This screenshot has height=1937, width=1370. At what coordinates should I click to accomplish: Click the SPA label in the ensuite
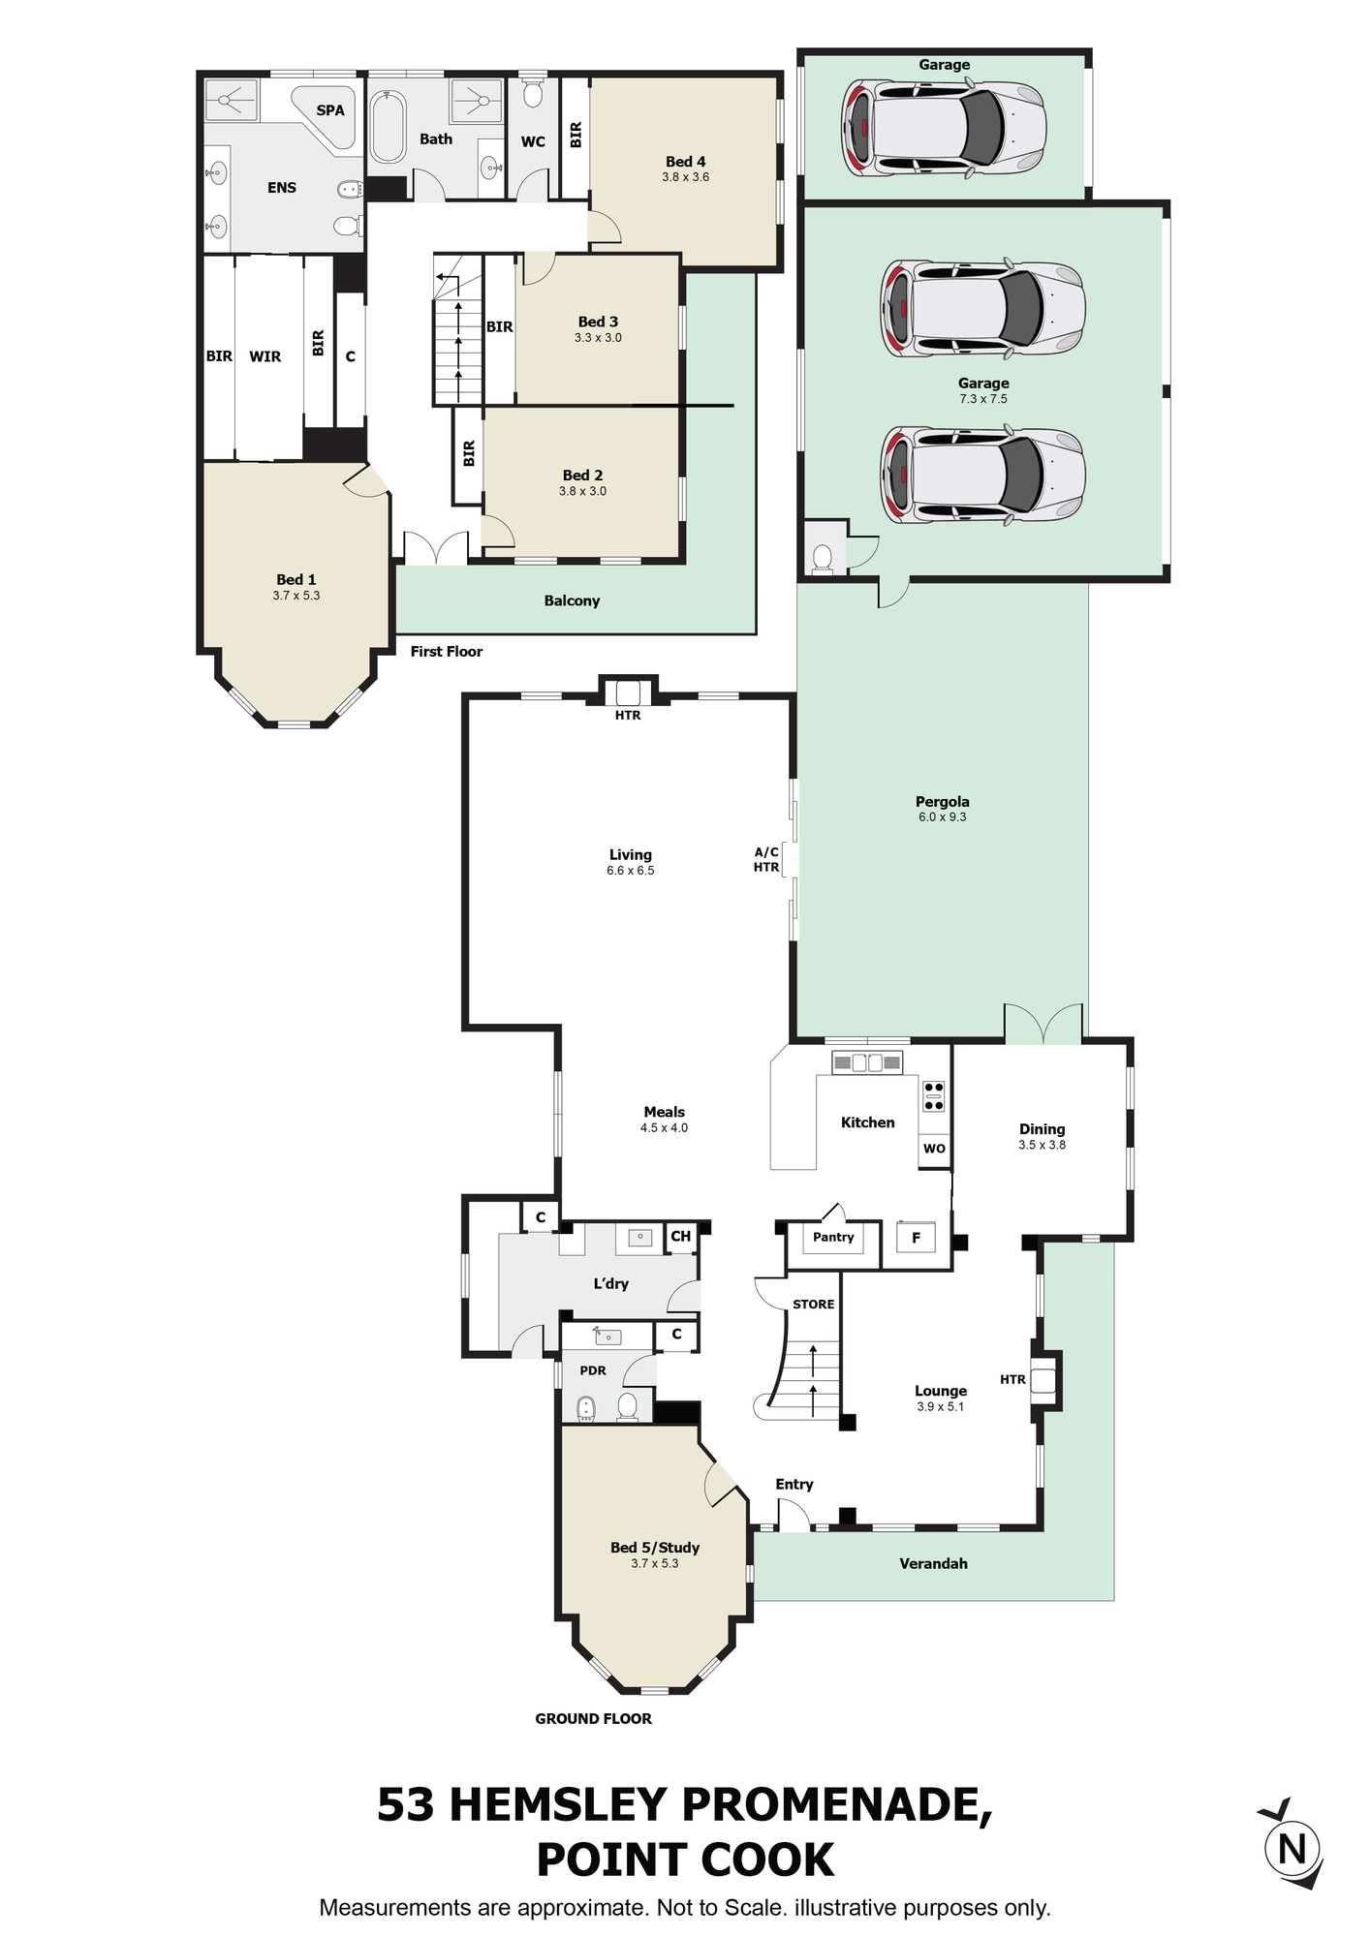(330, 110)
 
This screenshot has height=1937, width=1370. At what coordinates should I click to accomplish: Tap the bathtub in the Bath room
(389, 127)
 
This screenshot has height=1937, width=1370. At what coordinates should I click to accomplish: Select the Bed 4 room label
(685, 162)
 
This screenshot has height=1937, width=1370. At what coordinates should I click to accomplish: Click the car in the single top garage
(944, 128)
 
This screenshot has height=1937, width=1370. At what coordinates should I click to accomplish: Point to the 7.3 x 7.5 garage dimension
(983, 399)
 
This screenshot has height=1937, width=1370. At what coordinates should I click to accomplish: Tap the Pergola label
(943, 802)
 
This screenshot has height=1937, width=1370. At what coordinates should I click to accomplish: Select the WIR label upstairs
(265, 356)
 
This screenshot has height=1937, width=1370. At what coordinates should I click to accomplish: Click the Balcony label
(572, 600)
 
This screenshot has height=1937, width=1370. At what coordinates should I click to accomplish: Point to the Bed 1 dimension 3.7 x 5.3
(296, 596)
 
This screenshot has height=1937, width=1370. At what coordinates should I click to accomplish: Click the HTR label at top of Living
(628, 716)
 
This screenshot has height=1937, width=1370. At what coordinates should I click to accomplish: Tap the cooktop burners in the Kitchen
(934, 1095)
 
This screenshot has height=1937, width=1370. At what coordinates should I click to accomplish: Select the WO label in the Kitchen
(934, 1150)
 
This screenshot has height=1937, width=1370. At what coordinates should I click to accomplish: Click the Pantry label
(833, 1238)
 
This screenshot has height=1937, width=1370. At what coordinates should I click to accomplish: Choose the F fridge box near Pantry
(916, 1238)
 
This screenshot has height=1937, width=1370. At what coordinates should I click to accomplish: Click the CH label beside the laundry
(681, 1237)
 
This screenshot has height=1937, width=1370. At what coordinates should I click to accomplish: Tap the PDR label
(593, 1370)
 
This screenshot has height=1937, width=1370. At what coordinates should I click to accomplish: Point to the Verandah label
(933, 1563)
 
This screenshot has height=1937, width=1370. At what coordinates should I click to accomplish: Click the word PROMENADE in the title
(837, 1804)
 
